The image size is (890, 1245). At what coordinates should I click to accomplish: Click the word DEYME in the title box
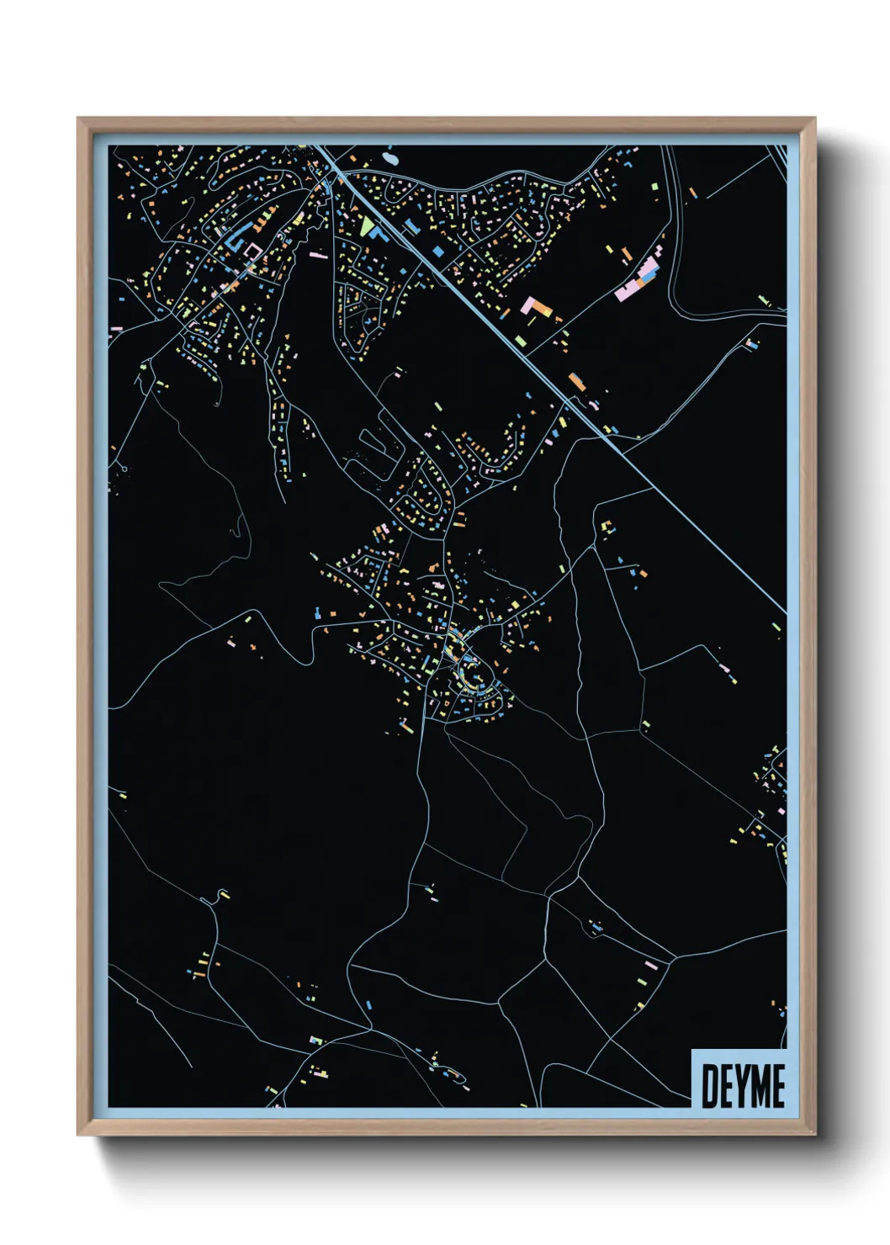click(x=742, y=1085)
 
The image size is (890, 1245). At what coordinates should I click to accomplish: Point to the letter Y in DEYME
click(x=744, y=1085)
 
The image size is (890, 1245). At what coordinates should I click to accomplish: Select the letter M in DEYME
click(x=761, y=1085)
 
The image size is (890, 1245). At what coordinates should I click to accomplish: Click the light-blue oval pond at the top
click(x=391, y=156)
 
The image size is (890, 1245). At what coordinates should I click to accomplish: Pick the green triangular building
click(x=365, y=225)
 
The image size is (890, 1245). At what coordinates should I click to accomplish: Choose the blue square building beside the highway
click(x=437, y=250)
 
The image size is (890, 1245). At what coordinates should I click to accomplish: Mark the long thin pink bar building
click(x=318, y=254)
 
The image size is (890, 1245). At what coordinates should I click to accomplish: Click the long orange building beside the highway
click(x=576, y=382)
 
